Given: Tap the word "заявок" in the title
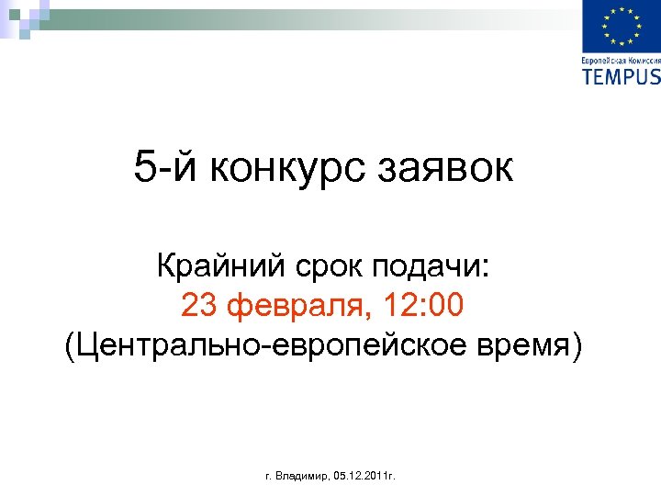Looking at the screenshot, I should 454,169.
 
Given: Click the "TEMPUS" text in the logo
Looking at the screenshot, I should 622,76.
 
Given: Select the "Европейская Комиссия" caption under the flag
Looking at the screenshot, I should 622,60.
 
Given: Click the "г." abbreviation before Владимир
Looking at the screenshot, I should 268,478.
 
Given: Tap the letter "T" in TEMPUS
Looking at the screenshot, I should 588,76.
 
